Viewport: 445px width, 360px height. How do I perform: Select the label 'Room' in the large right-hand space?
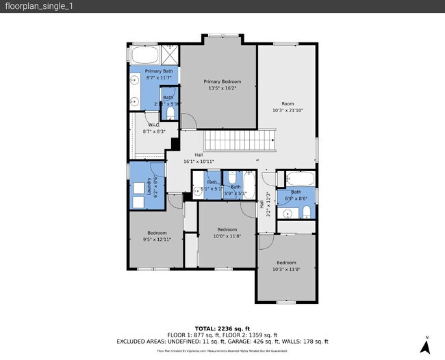(287, 104)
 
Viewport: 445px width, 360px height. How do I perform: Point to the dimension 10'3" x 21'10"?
(287, 111)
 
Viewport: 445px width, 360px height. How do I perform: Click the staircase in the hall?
(240, 142)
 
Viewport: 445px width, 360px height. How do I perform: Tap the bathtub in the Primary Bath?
(144, 55)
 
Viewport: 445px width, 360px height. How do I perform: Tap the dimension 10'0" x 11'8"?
(227, 236)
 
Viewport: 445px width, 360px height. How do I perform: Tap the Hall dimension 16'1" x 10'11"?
(199, 162)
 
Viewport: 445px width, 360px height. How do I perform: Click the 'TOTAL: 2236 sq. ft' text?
(222, 329)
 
